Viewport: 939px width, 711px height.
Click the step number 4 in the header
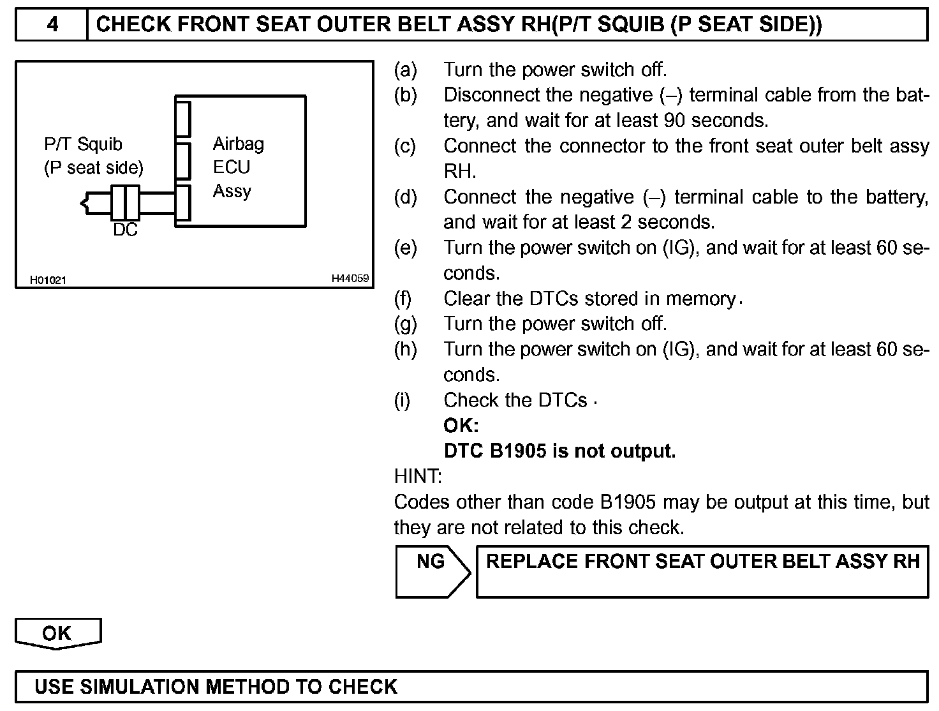click(52, 24)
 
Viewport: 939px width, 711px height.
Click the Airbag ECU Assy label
click(238, 167)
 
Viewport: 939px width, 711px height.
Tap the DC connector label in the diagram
click(125, 230)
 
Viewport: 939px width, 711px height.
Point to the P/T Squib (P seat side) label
click(93, 156)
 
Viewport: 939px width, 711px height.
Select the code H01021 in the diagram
click(48, 280)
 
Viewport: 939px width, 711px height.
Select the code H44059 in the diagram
click(350, 279)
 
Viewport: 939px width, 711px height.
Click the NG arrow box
click(432, 571)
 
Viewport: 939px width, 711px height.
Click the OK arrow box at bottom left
click(57, 633)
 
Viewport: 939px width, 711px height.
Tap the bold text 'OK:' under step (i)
click(461, 426)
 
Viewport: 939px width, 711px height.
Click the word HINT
click(418, 476)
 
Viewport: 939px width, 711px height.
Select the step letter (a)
click(405, 70)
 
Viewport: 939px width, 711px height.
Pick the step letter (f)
click(403, 299)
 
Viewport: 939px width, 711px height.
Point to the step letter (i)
click(402, 400)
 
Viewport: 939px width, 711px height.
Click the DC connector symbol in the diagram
click(125, 203)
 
